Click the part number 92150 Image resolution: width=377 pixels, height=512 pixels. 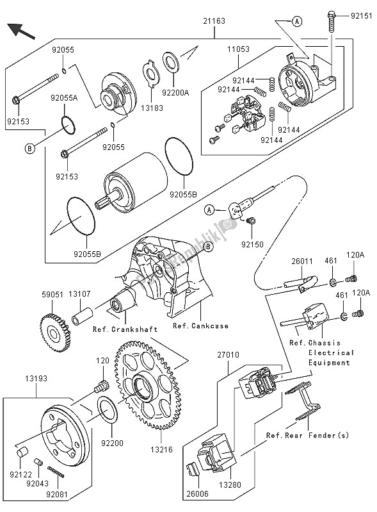[253, 245]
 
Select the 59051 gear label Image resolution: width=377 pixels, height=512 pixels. [52, 294]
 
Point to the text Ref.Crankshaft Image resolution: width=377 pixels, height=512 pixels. [125, 329]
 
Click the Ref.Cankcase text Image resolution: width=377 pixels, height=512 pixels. [200, 326]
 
